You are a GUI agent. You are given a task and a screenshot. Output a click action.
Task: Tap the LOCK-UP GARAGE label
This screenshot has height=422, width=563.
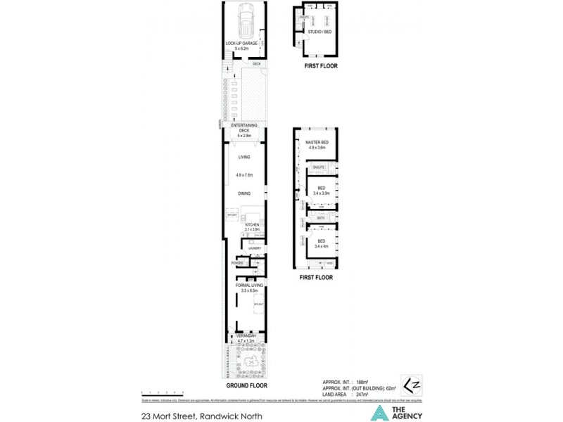pos(241,44)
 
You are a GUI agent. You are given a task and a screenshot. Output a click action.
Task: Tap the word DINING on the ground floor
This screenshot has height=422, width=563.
pos(244,192)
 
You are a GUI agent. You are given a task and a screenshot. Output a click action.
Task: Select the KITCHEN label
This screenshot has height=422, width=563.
pos(252,224)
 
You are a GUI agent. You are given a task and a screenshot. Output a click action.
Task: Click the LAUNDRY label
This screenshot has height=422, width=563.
pos(255,248)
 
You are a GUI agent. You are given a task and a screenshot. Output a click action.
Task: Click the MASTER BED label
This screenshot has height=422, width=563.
pos(317,143)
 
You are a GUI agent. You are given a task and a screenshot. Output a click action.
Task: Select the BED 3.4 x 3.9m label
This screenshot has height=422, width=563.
pos(320,190)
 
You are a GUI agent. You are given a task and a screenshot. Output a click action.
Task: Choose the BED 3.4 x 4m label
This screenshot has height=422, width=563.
pos(320,243)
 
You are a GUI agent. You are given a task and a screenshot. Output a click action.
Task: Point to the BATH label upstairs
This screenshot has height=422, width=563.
pos(320,218)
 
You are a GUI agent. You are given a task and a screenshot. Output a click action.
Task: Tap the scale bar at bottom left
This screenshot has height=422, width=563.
pos(162,391)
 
